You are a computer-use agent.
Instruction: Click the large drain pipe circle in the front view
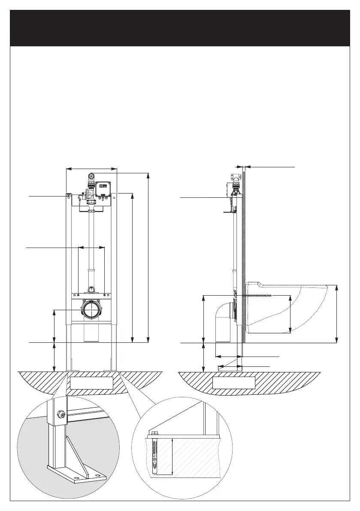[91, 309]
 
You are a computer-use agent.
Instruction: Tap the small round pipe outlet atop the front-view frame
[91, 176]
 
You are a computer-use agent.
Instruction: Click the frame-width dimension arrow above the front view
[91, 169]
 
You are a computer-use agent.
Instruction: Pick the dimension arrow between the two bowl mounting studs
[91, 247]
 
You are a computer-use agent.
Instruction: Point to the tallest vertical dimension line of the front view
[148, 257]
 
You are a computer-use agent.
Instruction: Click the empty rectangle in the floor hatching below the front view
[91, 383]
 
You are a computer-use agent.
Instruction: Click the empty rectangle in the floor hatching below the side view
[234, 383]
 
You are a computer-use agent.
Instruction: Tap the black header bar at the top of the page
[180, 28]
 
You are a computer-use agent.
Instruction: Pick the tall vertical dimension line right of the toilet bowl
[336, 313]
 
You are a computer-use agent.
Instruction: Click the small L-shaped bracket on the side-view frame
[230, 210]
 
